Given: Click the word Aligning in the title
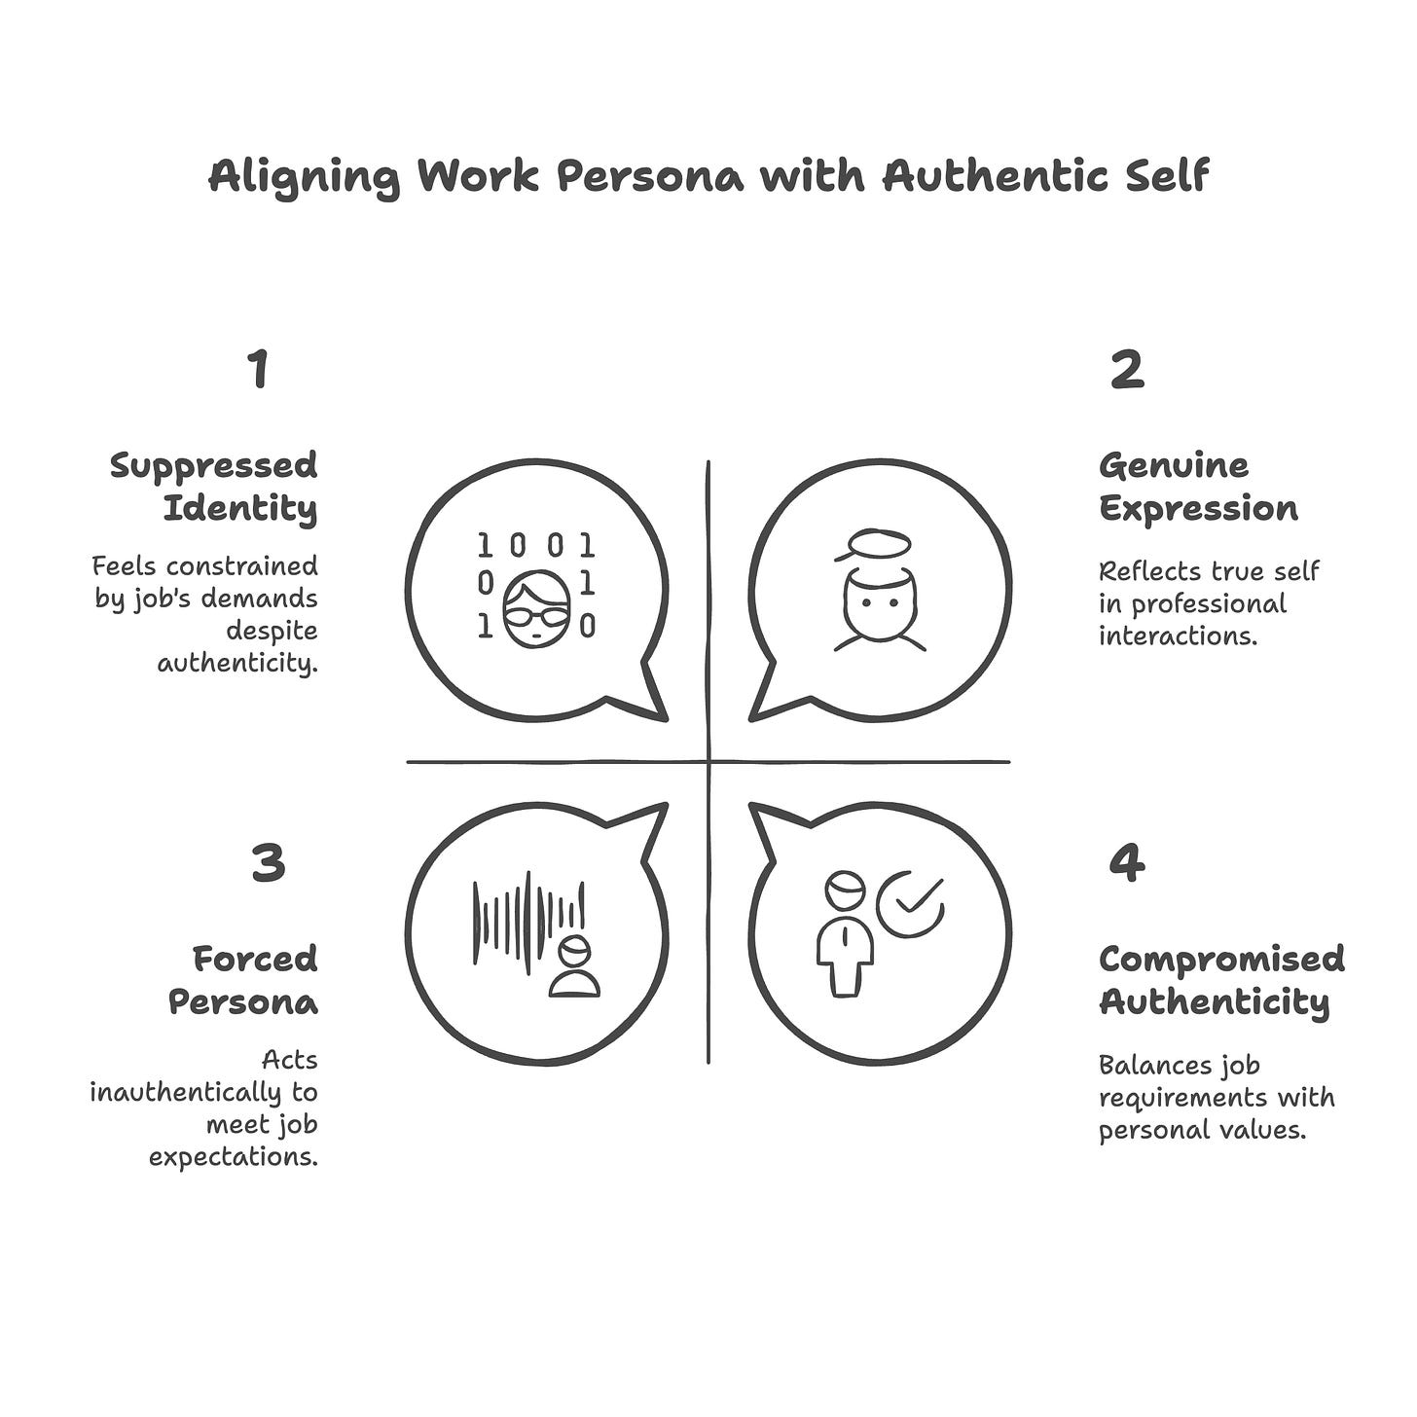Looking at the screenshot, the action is pyautogui.click(x=303, y=178).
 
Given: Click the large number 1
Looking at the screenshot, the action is pyautogui.click(x=258, y=370).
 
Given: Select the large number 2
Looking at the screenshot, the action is pyautogui.click(x=1127, y=370).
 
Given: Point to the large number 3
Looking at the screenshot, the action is pyautogui.click(x=268, y=862).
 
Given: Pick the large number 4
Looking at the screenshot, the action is pyautogui.click(x=1127, y=862).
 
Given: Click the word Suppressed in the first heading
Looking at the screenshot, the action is pyautogui.click(x=214, y=466).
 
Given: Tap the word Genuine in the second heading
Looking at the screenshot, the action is pyautogui.click(x=1173, y=466).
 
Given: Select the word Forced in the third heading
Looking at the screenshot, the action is pyautogui.click(x=255, y=959).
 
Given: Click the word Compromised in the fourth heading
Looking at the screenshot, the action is pyautogui.click(x=1221, y=959).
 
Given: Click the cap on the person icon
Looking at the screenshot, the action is pyautogui.click(x=873, y=545).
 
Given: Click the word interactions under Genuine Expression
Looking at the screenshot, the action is pyautogui.click(x=1179, y=636).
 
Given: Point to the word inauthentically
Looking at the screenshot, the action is pyautogui.click(x=203, y=1092).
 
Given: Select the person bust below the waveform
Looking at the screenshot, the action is pyautogui.click(x=574, y=968).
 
